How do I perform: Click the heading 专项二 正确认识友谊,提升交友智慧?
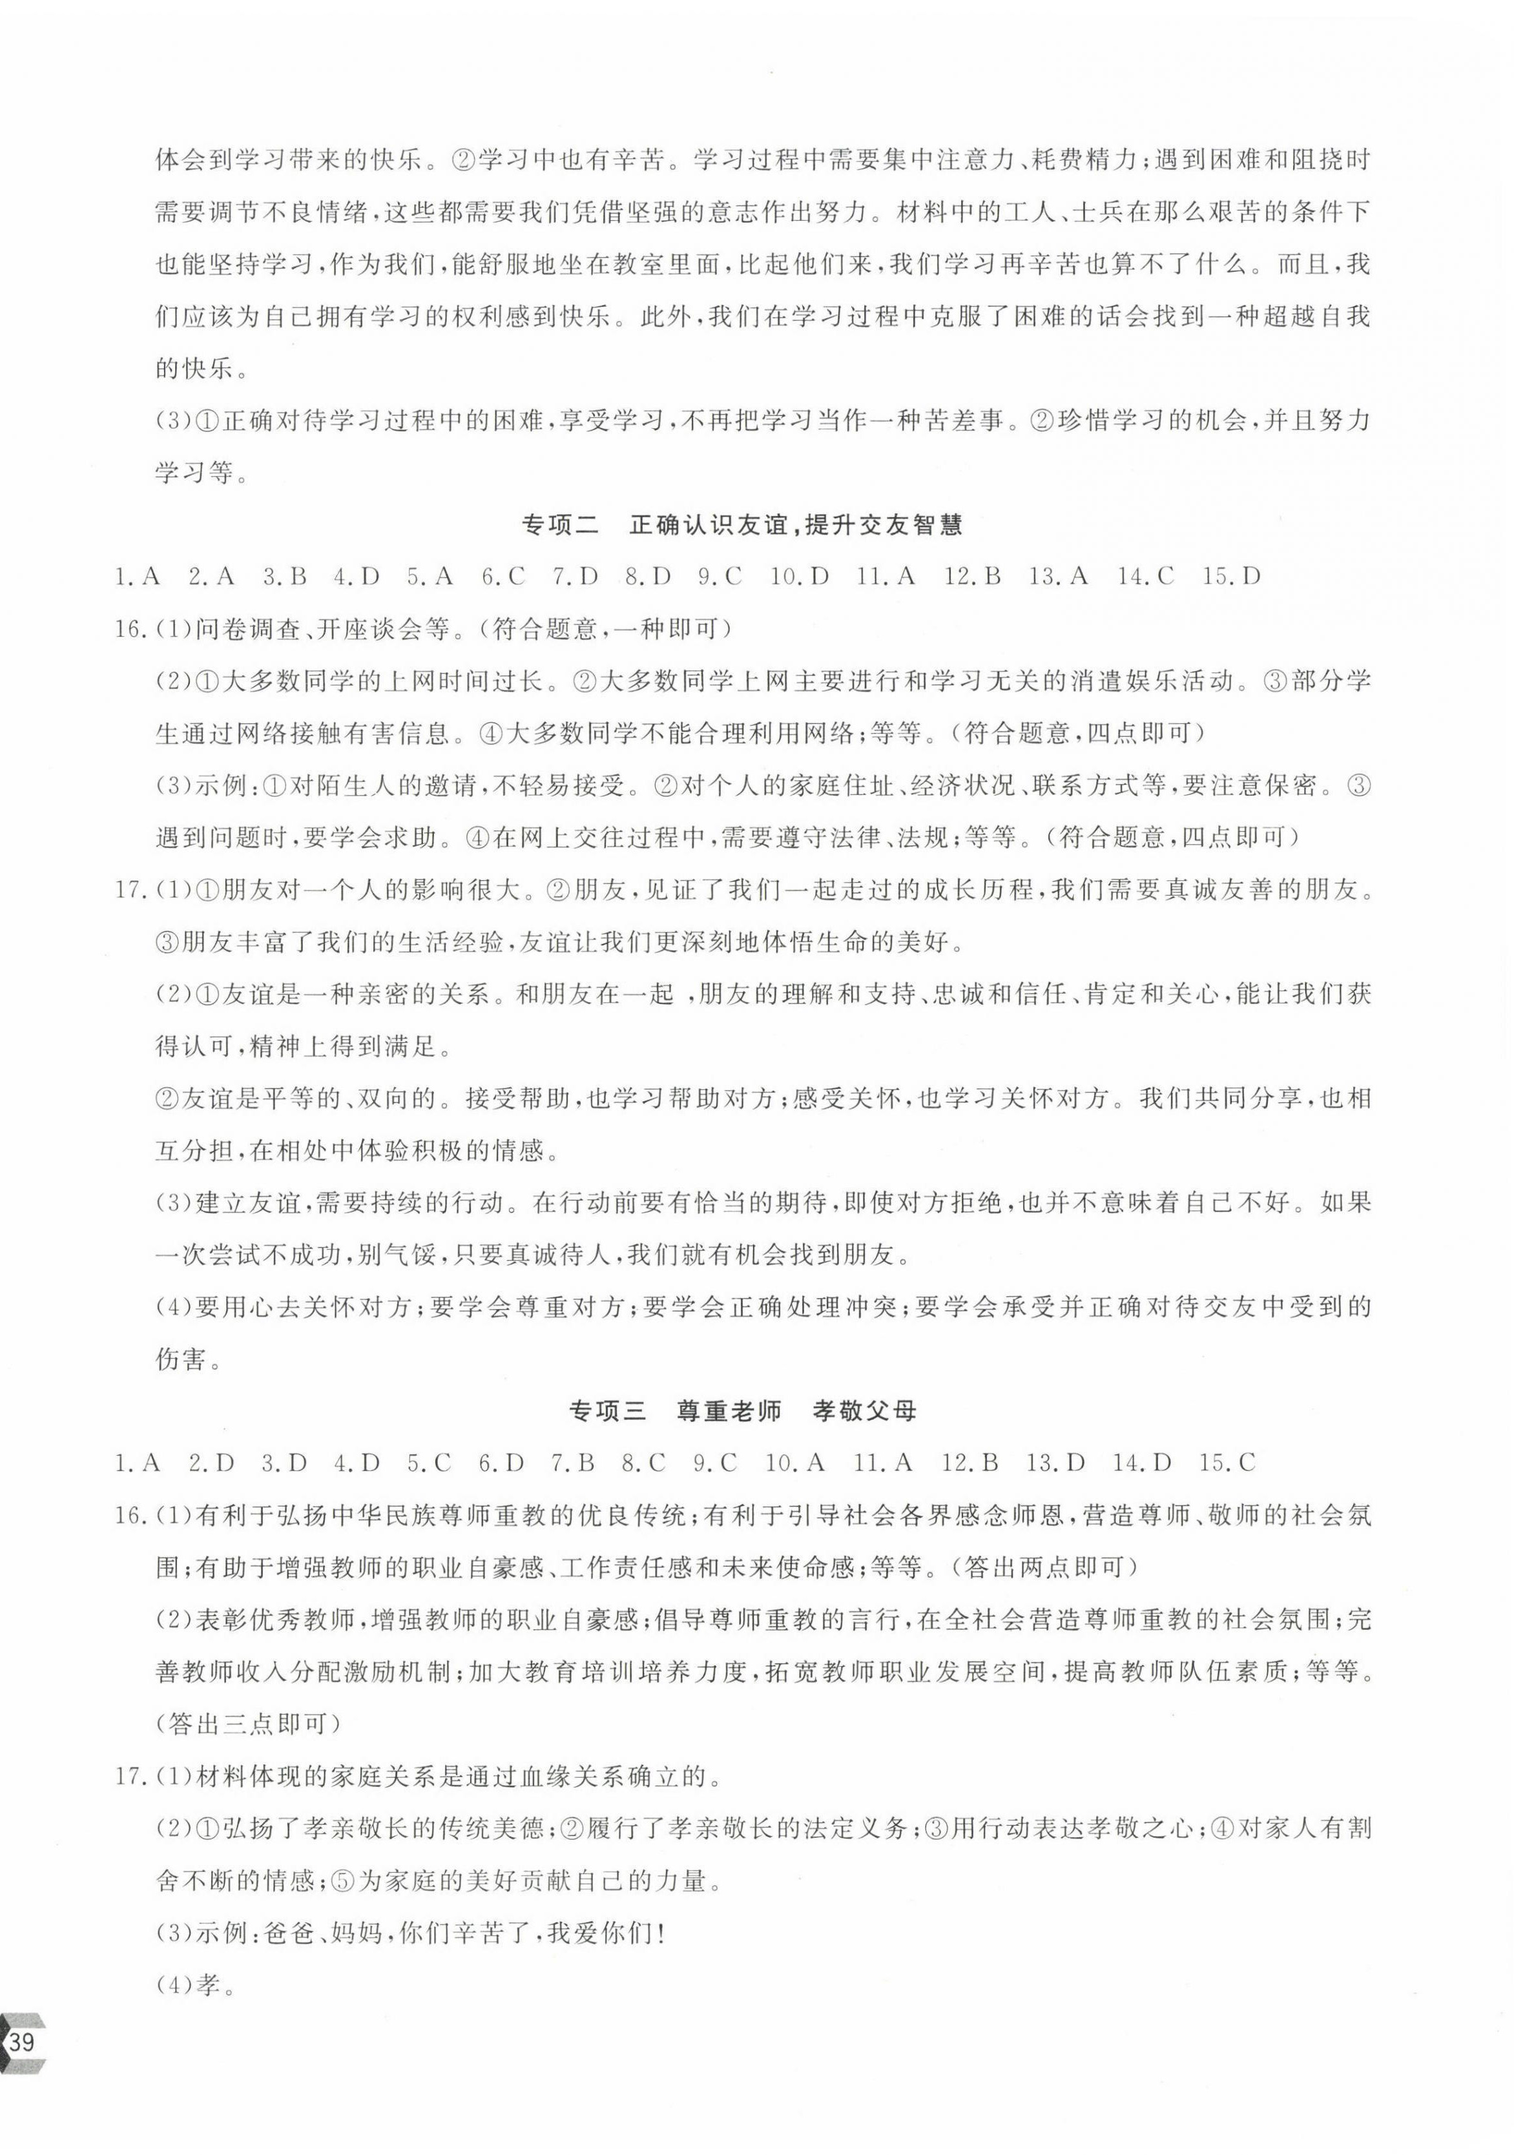click(741, 524)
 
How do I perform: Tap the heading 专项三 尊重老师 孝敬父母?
click(741, 1410)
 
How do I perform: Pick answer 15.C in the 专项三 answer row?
click(1227, 1462)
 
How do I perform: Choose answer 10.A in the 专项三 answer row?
click(794, 1462)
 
